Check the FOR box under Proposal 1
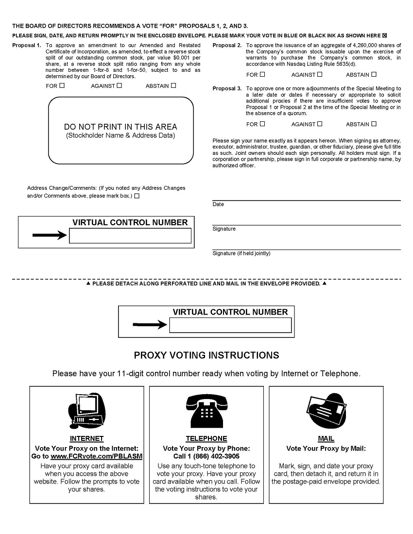tap(62, 86)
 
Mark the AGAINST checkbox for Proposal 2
tap(320, 75)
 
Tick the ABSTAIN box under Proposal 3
tap(374, 124)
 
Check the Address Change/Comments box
tap(137, 196)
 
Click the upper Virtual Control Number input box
tap(130, 236)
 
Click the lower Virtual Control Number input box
tap(230, 325)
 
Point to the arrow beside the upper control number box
tap(49, 235)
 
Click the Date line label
tap(218, 204)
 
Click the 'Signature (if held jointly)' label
tap(241, 253)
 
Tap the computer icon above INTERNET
tap(87, 410)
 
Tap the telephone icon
tap(206, 410)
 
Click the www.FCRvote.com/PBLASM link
tap(96, 456)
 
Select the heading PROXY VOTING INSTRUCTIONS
tap(206, 355)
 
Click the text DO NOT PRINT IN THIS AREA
tap(120, 127)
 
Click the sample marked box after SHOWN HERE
tap(384, 35)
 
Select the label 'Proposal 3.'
tap(227, 89)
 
